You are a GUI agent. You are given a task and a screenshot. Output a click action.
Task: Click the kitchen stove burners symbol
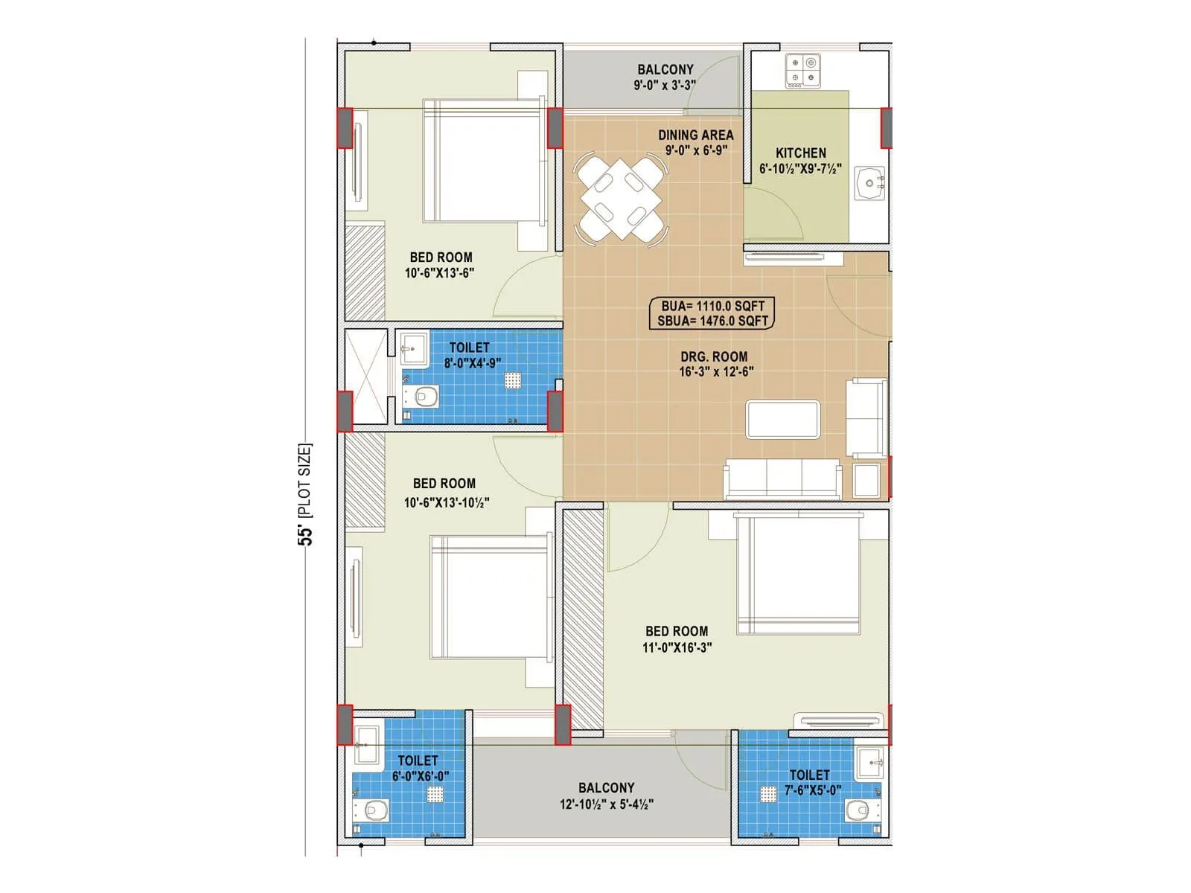point(803,71)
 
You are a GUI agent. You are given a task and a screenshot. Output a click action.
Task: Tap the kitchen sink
point(869,183)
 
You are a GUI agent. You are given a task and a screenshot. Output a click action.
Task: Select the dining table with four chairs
point(620,198)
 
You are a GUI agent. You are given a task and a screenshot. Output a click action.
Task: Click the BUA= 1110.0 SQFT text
point(712,306)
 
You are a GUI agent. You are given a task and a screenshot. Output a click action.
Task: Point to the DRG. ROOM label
point(714,356)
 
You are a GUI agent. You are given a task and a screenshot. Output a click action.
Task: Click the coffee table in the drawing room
point(783,420)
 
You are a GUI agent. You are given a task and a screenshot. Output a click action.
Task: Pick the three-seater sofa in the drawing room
point(782,478)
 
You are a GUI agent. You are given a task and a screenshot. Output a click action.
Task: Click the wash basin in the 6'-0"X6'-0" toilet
point(366,741)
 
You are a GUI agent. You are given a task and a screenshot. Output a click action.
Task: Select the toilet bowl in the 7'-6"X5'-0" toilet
point(858,809)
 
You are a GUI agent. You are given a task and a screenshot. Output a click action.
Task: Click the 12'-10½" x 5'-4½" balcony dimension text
point(606,804)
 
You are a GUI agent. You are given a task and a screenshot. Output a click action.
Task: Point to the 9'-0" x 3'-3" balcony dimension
point(665,85)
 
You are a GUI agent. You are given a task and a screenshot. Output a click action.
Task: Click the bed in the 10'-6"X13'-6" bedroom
point(482,161)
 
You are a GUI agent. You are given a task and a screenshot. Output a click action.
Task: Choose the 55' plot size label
point(305,495)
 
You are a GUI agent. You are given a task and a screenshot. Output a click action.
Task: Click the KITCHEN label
point(801,153)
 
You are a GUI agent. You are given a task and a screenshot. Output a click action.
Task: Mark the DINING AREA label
point(695,135)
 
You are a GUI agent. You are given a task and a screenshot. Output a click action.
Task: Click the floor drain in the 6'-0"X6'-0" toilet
point(435,794)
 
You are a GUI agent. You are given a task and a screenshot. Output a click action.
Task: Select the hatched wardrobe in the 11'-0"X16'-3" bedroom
point(583,618)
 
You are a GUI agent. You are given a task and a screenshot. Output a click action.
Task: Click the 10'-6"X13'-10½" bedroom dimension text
point(446,502)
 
